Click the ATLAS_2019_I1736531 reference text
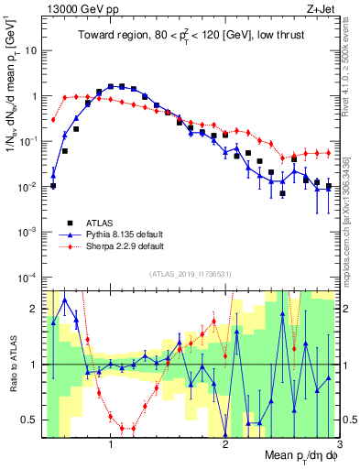[191, 273]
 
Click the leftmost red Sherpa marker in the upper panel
[53, 119]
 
